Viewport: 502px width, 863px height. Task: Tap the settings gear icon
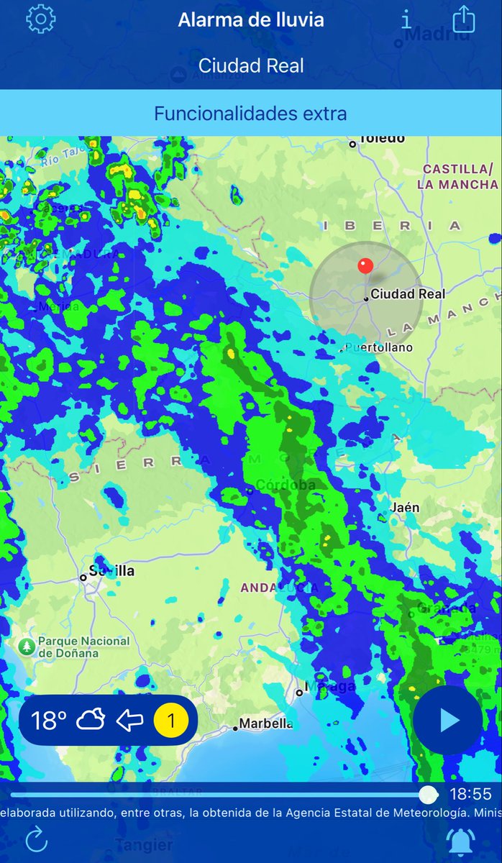coord(40,19)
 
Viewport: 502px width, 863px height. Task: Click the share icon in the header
coord(464,19)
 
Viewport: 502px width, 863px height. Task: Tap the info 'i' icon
coord(406,19)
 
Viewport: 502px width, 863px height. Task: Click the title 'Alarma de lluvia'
coord(251,20)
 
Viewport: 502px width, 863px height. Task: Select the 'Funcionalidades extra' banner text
coord(250,113)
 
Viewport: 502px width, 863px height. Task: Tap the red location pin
coord(365,266)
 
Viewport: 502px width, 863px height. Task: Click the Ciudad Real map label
coord(407,294)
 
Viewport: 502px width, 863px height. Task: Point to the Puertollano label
coord(379,348)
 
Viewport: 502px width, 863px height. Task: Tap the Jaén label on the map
coord(405,508)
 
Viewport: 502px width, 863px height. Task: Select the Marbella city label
coord(265,723)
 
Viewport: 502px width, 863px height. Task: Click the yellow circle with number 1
coord(171,720)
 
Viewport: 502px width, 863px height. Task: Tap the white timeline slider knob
coord(428,795)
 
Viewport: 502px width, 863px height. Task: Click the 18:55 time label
coord(470,795)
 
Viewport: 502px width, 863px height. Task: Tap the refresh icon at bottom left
coord(35,839)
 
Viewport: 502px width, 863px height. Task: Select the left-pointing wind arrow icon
coord(130,720)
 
